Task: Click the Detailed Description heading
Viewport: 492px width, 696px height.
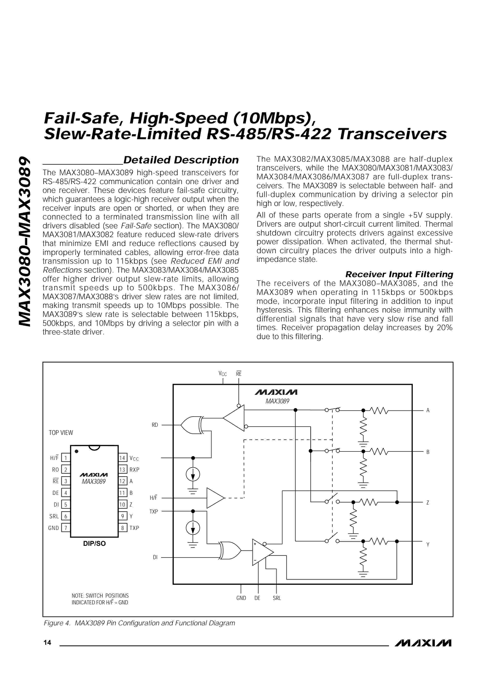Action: pyautogui.click(x=181, y=160)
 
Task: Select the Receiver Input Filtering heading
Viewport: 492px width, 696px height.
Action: pyautogui.click(x=399, y=274)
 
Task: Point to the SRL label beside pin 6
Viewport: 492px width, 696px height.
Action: pyautogui.click(x=54, y=516)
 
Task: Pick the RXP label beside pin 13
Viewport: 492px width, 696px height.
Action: pyautogui.click(x=134, y=470)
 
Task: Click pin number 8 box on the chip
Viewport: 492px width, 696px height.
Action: pyautogui.click(x=122, y=528)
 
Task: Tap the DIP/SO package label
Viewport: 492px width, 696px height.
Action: pyautogui.click(x=94, y=543)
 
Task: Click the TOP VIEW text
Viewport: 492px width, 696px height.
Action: pyautogui.click(x=61, y=433)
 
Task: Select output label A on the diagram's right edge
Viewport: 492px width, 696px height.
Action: pyautogui.click(x=428, y=410)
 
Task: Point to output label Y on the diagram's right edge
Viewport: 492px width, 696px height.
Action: pyautogui.click(x=428, y=544)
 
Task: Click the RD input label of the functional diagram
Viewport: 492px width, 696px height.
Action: pyautogui.click(x=155, y=425)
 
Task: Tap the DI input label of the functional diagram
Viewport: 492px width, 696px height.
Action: pyautogui.click(x=155, y=557)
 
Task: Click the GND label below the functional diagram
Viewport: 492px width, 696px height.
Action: pyautogui.click(x=241, y=598)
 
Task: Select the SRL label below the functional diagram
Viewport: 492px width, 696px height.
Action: pyautogui.click(x=277, y=598)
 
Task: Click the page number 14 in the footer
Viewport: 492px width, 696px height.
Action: pyautogui.click(x=47, y=642)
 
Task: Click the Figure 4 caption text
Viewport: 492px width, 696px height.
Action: pyautogui.click(x=140, y=623)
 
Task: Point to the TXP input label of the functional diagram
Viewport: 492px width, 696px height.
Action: pyautogui.click(x=154, y=511)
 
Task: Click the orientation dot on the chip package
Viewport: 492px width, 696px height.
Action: pyautogui.click(x=76, y=451)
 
